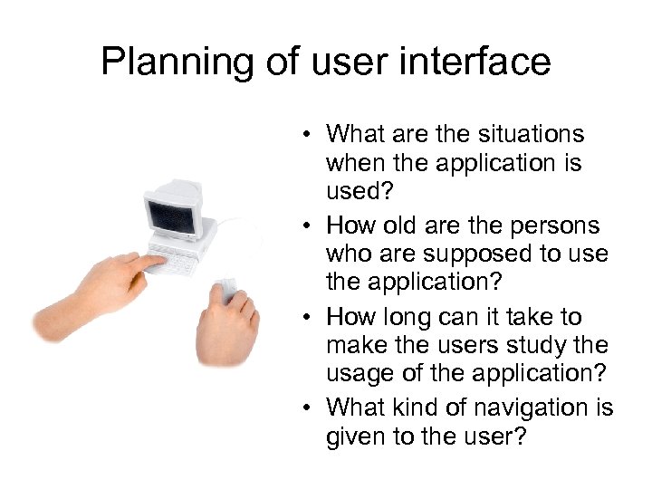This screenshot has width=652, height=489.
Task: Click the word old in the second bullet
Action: (401, 225)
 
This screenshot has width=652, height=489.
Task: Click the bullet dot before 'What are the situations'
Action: (309, 136)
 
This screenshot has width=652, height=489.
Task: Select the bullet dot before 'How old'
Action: (309, 226)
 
